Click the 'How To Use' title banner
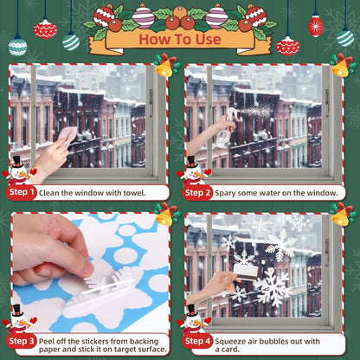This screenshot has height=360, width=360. (179, 39)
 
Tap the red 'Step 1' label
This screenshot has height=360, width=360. (22, 194)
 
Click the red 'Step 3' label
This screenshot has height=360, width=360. (22, 342)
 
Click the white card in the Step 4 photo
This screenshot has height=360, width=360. (247, 273)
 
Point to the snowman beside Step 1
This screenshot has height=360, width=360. (16, 170)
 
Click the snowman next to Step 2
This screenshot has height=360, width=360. (191, 170)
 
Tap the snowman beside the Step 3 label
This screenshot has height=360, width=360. (16, 318)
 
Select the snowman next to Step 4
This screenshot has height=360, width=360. (191, 318)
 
